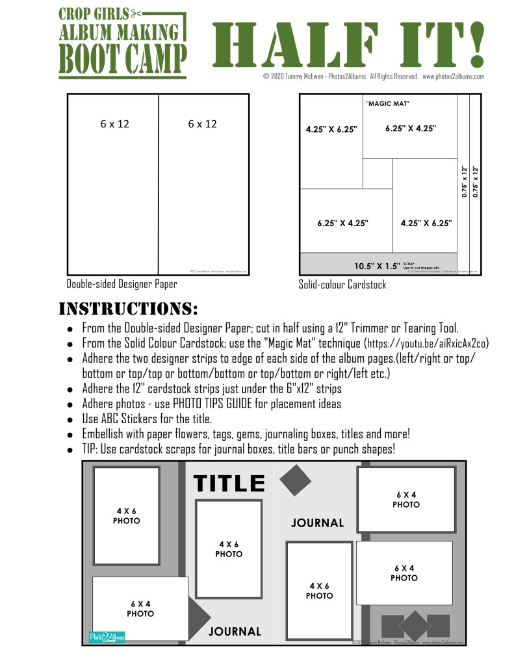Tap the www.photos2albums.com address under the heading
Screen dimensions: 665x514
point(453,76)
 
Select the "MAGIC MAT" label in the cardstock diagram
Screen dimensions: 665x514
point(387,103)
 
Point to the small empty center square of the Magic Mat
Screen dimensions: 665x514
point(378,173)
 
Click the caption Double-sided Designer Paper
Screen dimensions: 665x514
point(122,283)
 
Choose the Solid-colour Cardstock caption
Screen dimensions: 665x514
point(342,284)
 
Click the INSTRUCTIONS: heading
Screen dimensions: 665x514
point(128,307)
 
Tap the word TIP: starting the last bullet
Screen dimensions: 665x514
point(91,449)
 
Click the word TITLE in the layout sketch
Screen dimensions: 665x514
point(229,484)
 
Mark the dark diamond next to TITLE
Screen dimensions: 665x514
point(295,479)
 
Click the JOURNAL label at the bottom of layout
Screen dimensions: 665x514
point(235,631)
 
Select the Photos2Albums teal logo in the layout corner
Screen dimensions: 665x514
point(107,636)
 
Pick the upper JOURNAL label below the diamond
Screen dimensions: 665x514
point(317,523)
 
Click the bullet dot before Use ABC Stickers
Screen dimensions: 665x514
point(70,419)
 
